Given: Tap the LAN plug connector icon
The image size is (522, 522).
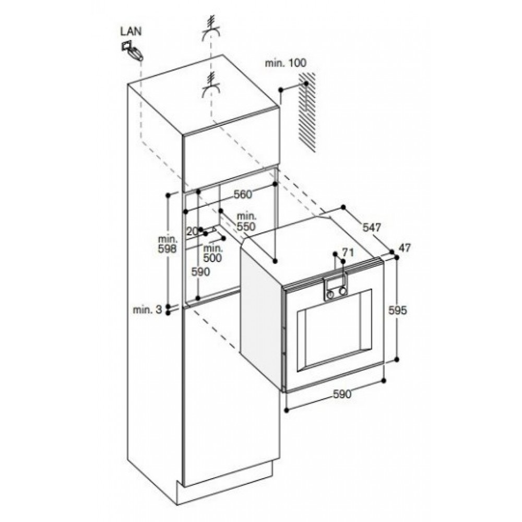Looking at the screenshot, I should [133, 52].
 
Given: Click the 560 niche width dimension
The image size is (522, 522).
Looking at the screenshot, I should [243, 194].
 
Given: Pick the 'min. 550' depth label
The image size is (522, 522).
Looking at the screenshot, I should [245, 221].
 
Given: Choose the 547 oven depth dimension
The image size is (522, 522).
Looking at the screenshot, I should [372, 228].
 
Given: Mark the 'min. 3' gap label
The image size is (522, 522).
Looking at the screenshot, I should [148, 310].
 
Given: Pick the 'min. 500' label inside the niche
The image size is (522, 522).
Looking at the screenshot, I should [213, 253].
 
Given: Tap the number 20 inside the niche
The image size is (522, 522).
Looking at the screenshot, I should [192, 230].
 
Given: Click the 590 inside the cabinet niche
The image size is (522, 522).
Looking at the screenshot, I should [200, 271].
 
